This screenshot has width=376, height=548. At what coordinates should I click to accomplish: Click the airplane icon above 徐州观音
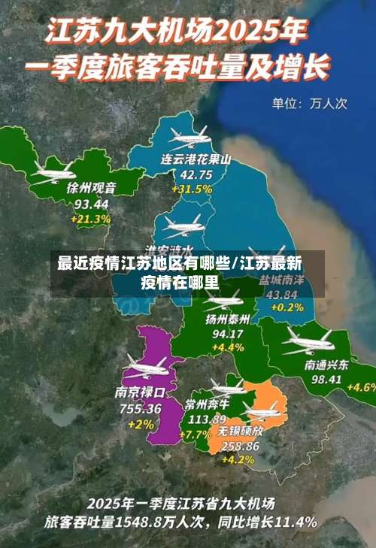tap(53, 171)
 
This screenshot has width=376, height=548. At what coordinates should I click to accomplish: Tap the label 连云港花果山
tap(196, 160)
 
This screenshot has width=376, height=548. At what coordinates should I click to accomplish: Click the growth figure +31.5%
tap(192, 189)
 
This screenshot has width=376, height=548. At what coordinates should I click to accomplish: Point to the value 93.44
tap(92, 204)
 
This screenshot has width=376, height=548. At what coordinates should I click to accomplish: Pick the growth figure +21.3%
tap(90, 219)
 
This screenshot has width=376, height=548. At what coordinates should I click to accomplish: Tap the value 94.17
tap(228, 334)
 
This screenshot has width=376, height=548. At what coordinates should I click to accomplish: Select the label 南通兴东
tap(326, 365)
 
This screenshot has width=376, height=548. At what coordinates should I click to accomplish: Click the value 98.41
tap(326, 380)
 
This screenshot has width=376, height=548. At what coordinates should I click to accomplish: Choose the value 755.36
tap(140, 408)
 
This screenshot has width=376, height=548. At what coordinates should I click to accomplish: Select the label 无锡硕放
tap(241, 431)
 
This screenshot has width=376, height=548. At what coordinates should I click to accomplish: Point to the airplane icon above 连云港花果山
tap(189, 136)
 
